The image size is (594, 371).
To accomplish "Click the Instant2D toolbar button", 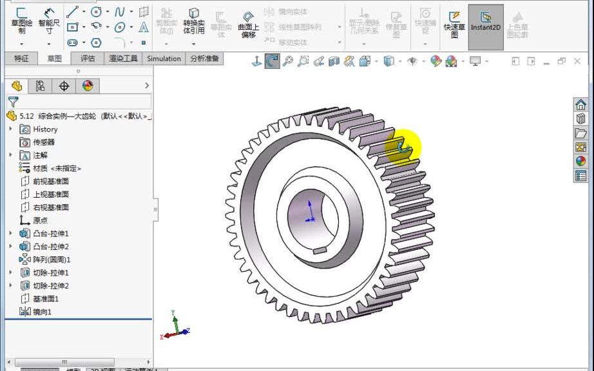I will (485, 26).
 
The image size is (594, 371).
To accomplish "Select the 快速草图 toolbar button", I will (455, 26).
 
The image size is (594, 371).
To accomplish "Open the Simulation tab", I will (164, 59).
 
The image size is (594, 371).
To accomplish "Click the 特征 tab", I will (21, 59).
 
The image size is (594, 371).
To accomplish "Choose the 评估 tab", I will (88, 59).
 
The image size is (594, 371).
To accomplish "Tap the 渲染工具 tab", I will (123, 59).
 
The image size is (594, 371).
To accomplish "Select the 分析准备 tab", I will (205, 59).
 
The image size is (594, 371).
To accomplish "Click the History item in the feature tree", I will (45, 129).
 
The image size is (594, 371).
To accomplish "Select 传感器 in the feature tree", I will (44, 142).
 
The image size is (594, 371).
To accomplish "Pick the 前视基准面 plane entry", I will (51, 182).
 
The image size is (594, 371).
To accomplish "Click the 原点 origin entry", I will (40, 220).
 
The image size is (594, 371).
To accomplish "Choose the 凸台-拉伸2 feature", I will (50, 247).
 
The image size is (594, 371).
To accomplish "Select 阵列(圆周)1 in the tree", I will (52, 260).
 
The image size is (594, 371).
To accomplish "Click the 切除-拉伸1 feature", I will (50, 273).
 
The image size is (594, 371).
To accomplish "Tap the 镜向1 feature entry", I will (42, 312).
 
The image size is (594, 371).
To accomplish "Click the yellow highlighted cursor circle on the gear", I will (403, 147).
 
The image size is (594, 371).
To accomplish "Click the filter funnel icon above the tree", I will (13, 102).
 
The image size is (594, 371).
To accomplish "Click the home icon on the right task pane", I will (580, 105).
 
